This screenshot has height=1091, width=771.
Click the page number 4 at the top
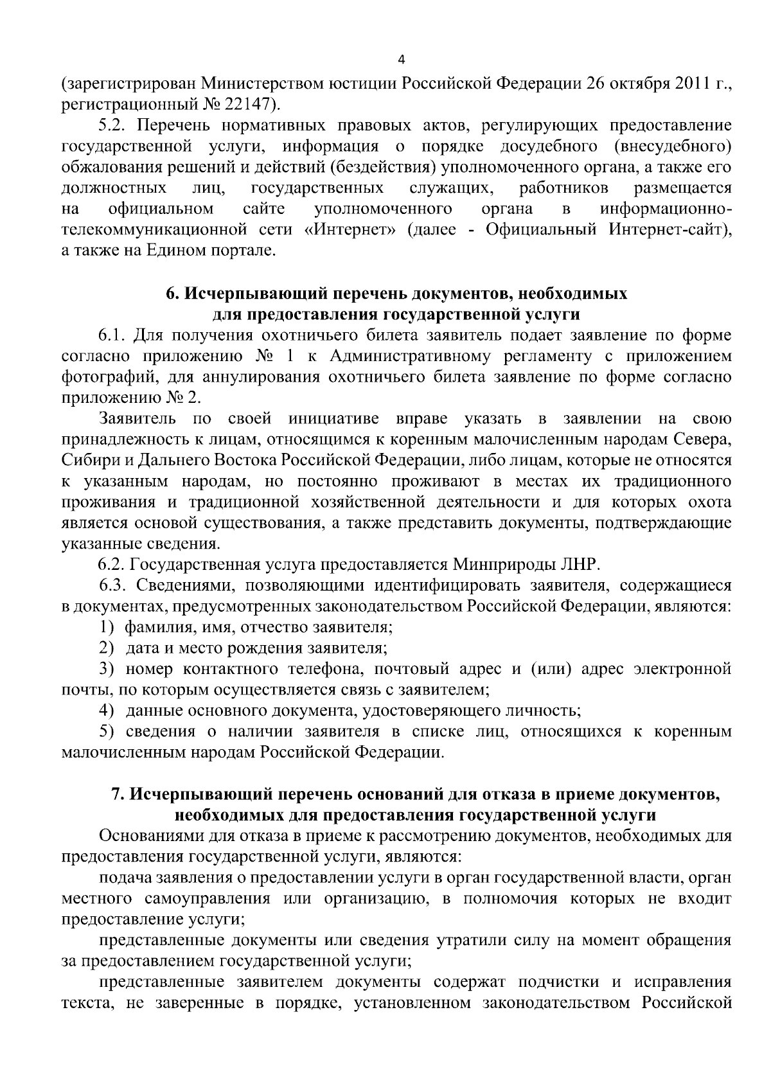pos(402,60)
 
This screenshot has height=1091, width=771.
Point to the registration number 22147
pos(247,103)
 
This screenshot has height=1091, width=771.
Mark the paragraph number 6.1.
pos(113,335)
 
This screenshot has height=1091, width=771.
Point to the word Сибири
pos(86,461)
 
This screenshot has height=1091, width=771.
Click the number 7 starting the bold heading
pos(117,794)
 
